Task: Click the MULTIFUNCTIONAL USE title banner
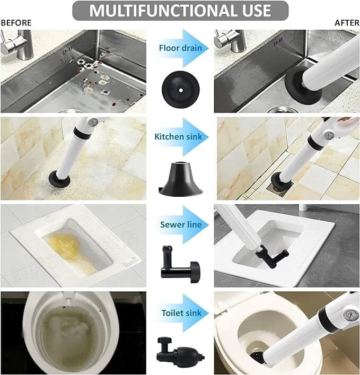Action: coord(180,10)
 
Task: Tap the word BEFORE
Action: coord(16,23)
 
